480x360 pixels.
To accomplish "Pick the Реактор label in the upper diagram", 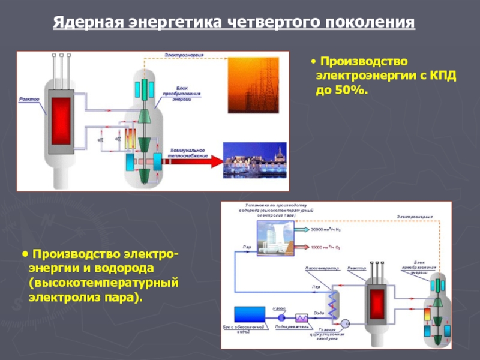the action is (29, 99).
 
